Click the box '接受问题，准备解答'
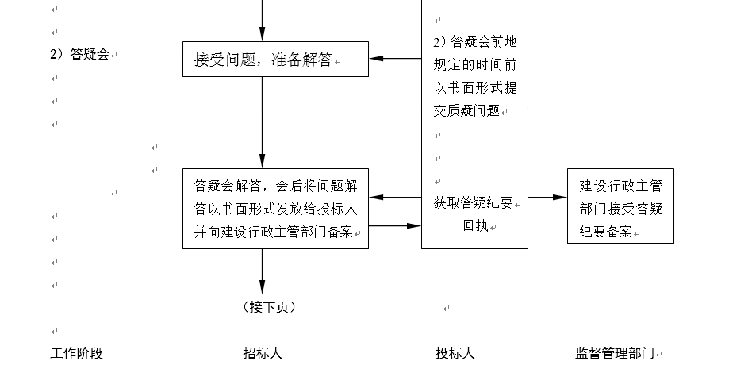pos(275,59)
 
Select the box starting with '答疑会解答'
pos(275,209)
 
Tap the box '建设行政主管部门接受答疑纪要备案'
pos(620,206)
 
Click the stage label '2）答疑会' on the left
pos(80,54)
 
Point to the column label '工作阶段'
pos(77,353)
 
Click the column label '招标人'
pos(263,353)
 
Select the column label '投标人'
pos(455,353)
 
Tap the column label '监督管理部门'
pos(615,353)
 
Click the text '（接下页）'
pos(269,306)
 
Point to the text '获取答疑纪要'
pos(473,203)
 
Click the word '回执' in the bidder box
pos(476,225)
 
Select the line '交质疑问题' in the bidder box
pos(466,111)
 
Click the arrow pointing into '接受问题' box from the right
pos(395,59)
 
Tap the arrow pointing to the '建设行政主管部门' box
pos(547,197)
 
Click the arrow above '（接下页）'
pos(262,271)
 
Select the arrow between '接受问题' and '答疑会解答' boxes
pos(262,122)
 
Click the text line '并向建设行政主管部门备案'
pos(274,232)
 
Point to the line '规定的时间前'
pos(475,64)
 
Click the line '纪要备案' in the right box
pos(605,232)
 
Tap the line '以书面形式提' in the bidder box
pos(475,88)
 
